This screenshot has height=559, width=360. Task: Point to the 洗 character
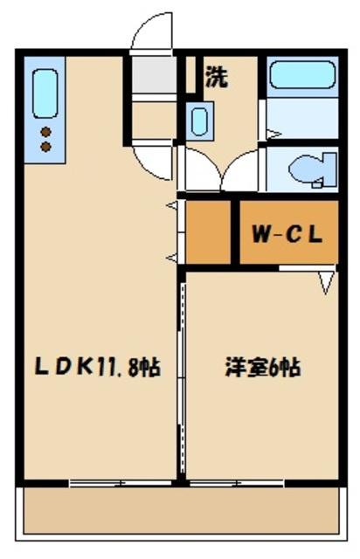216,77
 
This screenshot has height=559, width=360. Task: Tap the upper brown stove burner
45,133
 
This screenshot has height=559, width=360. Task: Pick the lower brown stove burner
45,148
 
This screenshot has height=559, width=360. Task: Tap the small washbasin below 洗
199,120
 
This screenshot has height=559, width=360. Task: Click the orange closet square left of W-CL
207,232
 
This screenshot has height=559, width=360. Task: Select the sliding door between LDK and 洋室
182,376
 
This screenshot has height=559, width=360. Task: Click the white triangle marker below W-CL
327,281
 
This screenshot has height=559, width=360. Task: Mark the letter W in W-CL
260,234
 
